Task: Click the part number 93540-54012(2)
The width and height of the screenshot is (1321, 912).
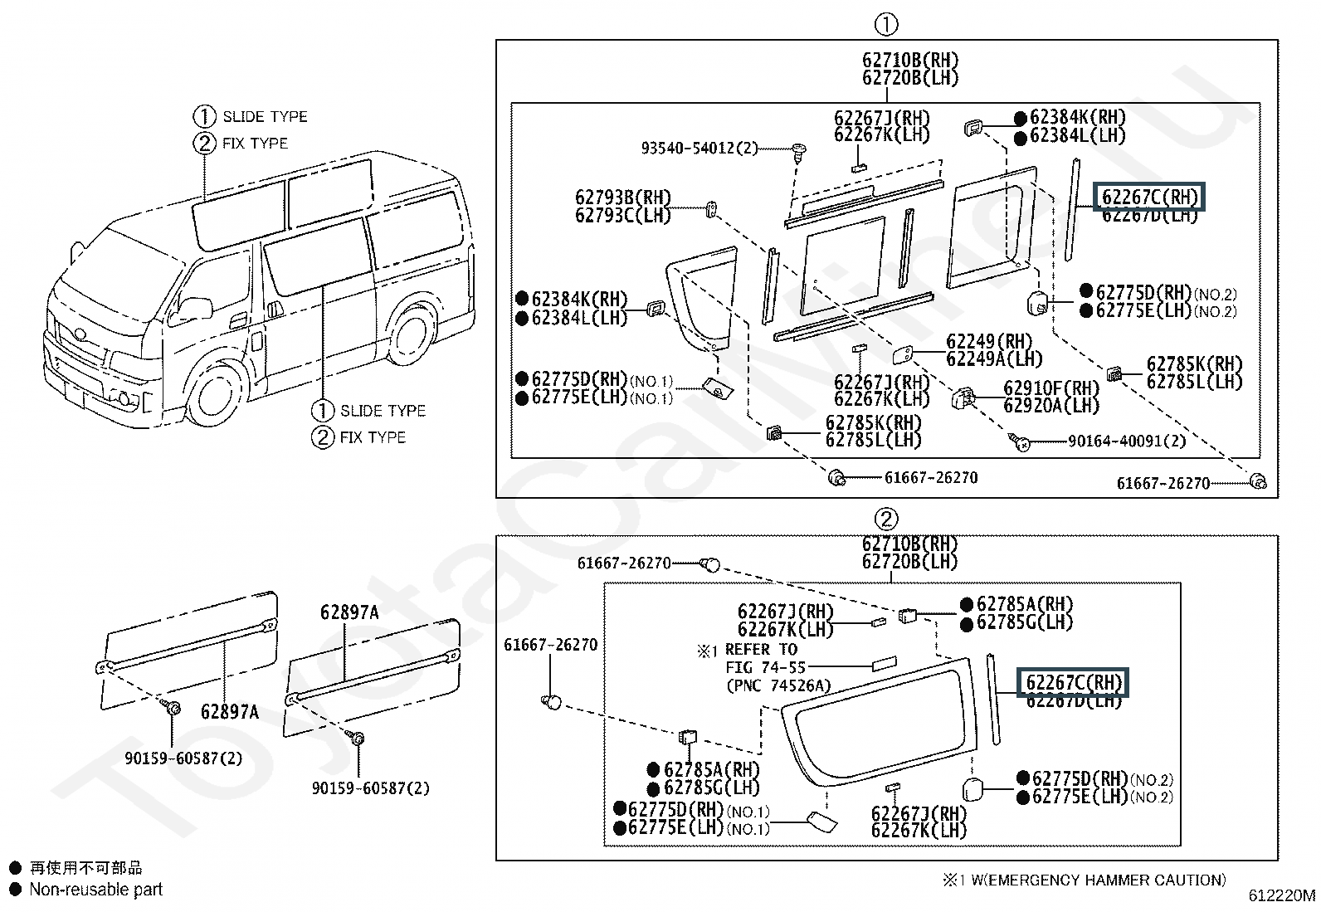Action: click(699, 149)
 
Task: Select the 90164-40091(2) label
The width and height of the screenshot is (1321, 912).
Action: click(1127, 441)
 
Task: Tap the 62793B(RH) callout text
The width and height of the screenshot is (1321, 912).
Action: click(622, 198)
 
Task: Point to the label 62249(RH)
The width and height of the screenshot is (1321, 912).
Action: click(989, 342)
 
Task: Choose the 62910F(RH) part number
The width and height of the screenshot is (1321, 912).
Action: click(1051, 388)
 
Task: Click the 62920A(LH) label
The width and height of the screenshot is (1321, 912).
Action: click(1051, 406)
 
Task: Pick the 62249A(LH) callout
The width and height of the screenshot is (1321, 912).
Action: click(994, 359)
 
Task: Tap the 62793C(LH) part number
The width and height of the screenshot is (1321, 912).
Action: click(622, 215)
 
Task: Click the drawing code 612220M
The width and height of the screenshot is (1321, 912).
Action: click(1281, 896)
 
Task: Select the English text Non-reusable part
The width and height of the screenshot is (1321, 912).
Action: click(95, 890)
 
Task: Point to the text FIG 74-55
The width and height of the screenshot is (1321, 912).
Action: click(765, 667)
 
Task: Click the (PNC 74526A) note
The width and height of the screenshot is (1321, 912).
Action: click(777, 685)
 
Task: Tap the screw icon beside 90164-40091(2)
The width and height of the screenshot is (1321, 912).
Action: click(1021, 442)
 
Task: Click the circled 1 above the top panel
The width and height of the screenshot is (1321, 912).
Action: click(886, 25)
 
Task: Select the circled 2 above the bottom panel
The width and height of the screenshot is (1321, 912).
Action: click(886, 519)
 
